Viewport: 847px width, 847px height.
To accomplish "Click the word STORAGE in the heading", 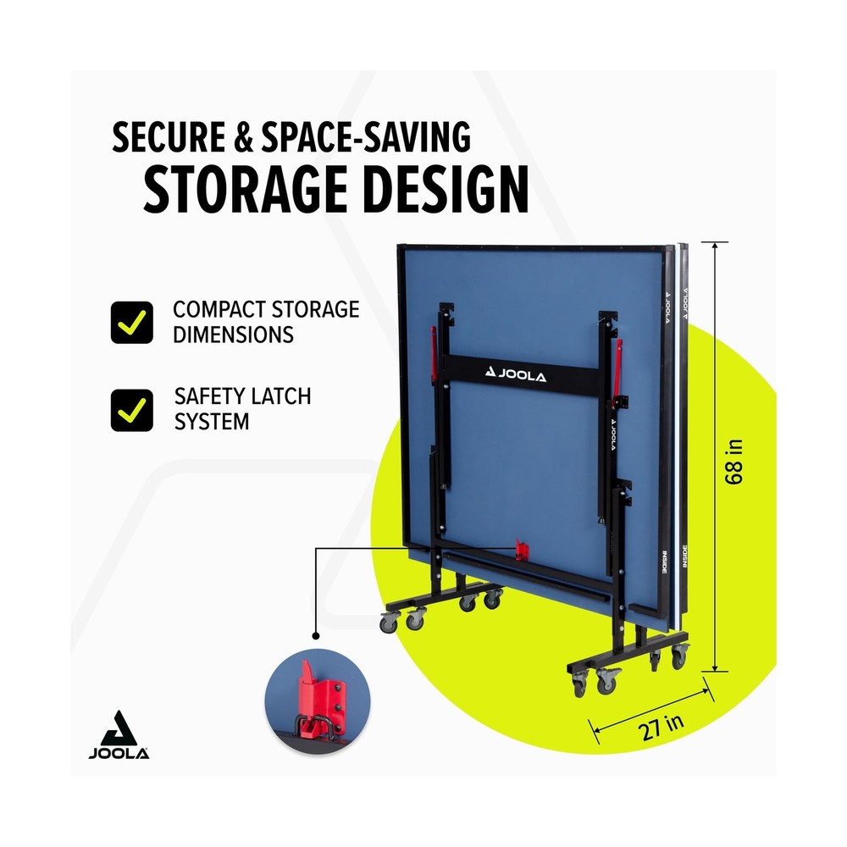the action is (245, 190).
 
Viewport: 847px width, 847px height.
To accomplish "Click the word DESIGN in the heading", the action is (446, 190).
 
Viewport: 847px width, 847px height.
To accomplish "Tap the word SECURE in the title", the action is (169, 137).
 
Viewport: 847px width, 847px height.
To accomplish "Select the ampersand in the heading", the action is (243, 137).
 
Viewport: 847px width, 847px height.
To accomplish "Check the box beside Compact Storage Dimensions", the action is (132, 323).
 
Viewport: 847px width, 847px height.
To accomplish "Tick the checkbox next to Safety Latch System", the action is (132, 411).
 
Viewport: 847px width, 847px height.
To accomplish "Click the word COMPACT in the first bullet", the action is (219, 309).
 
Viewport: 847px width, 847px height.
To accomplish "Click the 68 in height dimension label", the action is (734, 462).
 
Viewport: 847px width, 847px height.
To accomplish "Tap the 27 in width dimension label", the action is (661, 727).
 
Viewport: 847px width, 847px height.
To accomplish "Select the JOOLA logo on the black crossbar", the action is (517, 374).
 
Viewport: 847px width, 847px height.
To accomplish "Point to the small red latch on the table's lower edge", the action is (521, 550).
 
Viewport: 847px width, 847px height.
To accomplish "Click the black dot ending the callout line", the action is (316, 636).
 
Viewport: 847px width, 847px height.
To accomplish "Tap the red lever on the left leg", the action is (433, 354).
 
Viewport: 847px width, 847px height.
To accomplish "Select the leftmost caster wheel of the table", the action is (389, 623).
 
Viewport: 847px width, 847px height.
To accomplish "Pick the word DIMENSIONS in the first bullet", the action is (234, 335).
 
